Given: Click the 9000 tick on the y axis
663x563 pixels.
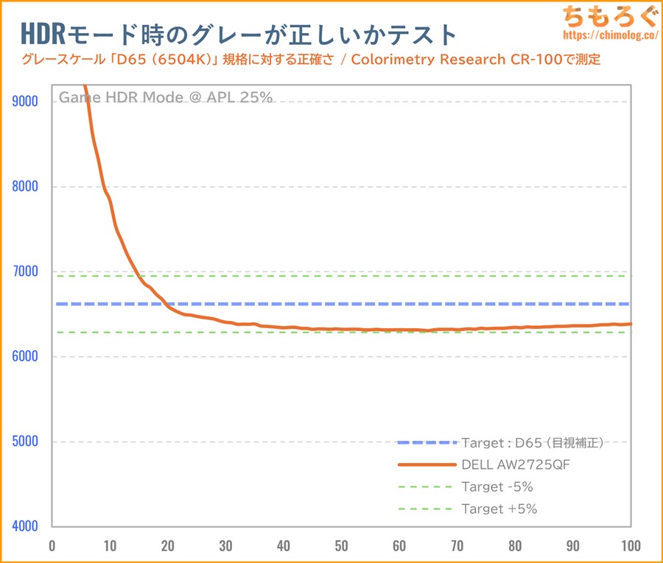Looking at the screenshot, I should [x=27, y=102].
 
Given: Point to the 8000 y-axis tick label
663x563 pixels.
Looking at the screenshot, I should [x=27, y=187].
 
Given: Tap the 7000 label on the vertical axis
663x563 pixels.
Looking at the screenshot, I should [x=27, y=272].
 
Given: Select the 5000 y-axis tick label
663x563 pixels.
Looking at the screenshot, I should [x=27, y=442].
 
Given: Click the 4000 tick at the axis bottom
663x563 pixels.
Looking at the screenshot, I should [x=27, y=526].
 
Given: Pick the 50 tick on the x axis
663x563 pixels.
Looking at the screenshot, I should [x=341, y=546].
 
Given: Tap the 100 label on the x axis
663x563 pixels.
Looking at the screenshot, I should [x=630, y=546].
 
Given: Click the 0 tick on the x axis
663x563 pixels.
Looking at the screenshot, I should [x=52, y=546].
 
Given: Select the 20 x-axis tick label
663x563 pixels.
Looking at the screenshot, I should [x=167, y=546].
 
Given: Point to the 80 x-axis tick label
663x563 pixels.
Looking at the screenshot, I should [x=515, y=546].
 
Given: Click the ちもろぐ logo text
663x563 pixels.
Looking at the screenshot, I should [x=608, y=15].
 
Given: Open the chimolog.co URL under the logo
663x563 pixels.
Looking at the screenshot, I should [x=608, y=35].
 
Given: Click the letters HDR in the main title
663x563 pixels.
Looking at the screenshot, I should [x=42, y=33].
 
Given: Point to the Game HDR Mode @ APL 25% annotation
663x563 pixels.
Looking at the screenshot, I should [x=166, y=96].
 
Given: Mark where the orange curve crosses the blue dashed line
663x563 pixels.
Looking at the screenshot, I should [x=164, y=303].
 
